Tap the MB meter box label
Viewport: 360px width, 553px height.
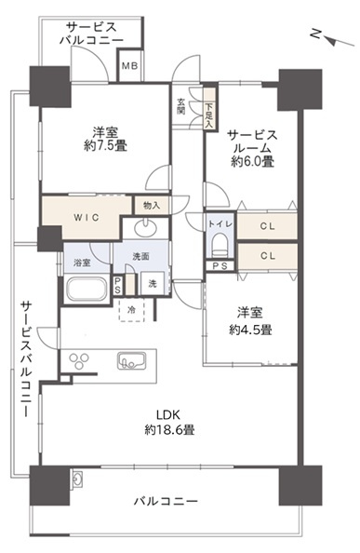128,67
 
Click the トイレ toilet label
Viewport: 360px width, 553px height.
220,223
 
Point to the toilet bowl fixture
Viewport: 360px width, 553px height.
220,245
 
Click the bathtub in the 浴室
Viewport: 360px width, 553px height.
89,289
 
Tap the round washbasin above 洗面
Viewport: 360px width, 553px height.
147,228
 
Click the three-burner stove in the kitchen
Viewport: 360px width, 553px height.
77,360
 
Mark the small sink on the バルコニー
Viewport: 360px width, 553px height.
75,480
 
